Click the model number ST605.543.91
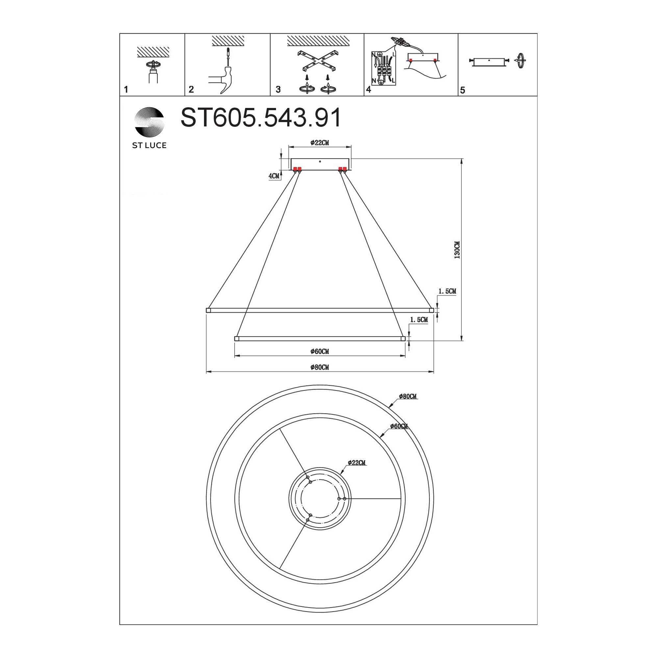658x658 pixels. pyautogui.click(x=261, y=118)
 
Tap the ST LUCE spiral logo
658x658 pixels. pyautogui.click(x=149, y=122)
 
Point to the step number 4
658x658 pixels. pyautogui.click(x=368, y=89)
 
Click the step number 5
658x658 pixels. pyautogui.click(x=462, y=90)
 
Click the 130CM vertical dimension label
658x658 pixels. pyautogui.click(x=457, y=250)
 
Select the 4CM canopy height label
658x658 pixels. pyautogui.click(x=274, y=176)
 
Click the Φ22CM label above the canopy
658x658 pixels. pyautogui.click(x=319, y=143)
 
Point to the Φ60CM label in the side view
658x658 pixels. pyautogui.click(x=319, y=351)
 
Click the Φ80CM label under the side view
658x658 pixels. pyautogui.click(x=319, y=367)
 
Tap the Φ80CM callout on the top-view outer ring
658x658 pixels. pyautogui.click(x=408, y=397)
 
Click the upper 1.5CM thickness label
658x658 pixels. pyautogui.click(x=447, y=291)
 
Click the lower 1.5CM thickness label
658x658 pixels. pyautogui.click(x=418, y=319)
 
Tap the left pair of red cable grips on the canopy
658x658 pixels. pyautogui.click(x=297, y=169)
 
